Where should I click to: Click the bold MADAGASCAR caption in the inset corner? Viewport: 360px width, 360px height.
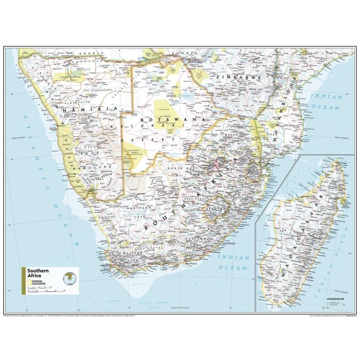[x=330, y=298]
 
